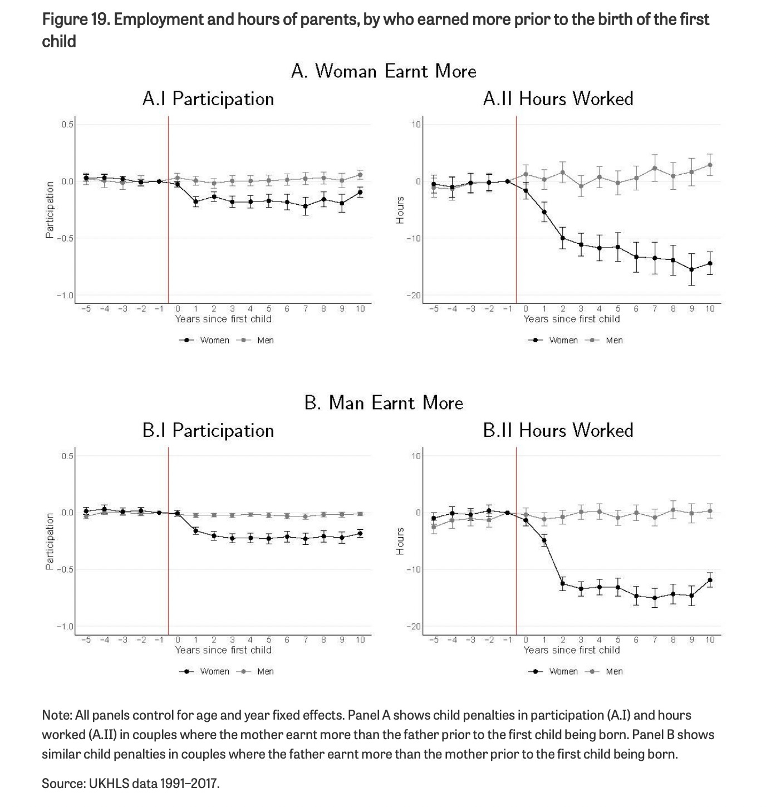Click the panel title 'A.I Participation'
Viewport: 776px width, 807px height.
tap(208, 99)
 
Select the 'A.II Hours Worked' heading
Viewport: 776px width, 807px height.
tap(558, 99)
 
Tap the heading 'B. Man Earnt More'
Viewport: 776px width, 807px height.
tap(384, 402)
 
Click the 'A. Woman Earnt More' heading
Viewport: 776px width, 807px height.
tap(384, 71)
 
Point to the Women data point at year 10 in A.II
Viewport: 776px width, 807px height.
tap(710, 264)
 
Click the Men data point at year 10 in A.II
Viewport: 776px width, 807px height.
tap(710, 165)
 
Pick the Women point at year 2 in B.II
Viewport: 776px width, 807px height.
tap(563, 583)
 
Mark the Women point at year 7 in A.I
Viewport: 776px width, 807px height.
tap(305, 206)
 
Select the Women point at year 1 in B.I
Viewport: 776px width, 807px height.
tap(195, 530)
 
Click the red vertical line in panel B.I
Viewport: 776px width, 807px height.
tap(169, 579)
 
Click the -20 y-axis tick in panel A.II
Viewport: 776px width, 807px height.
tap(416, 296)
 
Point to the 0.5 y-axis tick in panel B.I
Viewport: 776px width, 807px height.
tap(67, 456)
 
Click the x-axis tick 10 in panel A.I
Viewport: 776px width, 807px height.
tap(360, 309)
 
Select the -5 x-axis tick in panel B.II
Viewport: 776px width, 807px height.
tap(434, 640)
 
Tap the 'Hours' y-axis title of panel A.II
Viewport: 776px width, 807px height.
tap(400, 210)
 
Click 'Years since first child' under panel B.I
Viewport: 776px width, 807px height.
tap(223, 650)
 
